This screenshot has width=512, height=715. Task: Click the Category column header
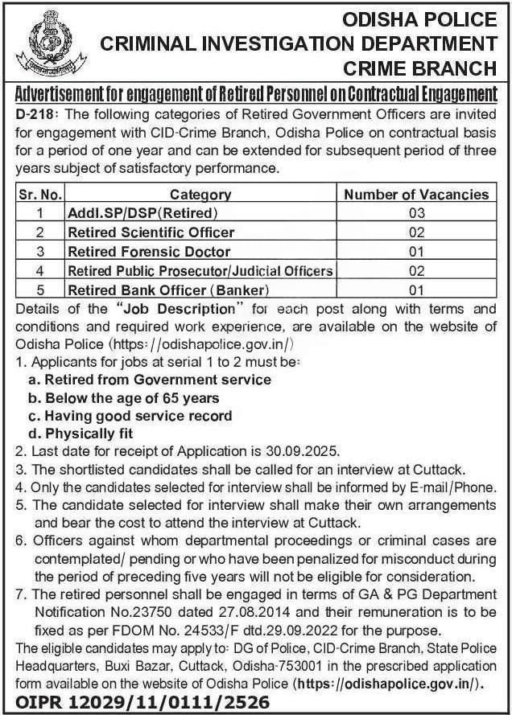click(200, 195)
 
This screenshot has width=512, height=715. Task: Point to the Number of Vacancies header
click(415, 195)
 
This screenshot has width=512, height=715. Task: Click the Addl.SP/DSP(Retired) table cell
click(142, 213)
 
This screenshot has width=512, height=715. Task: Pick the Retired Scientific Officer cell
click(151, 232)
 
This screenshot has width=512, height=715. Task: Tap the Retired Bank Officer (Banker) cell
click(167, 290)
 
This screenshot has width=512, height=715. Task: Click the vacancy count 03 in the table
click(415, 213)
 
